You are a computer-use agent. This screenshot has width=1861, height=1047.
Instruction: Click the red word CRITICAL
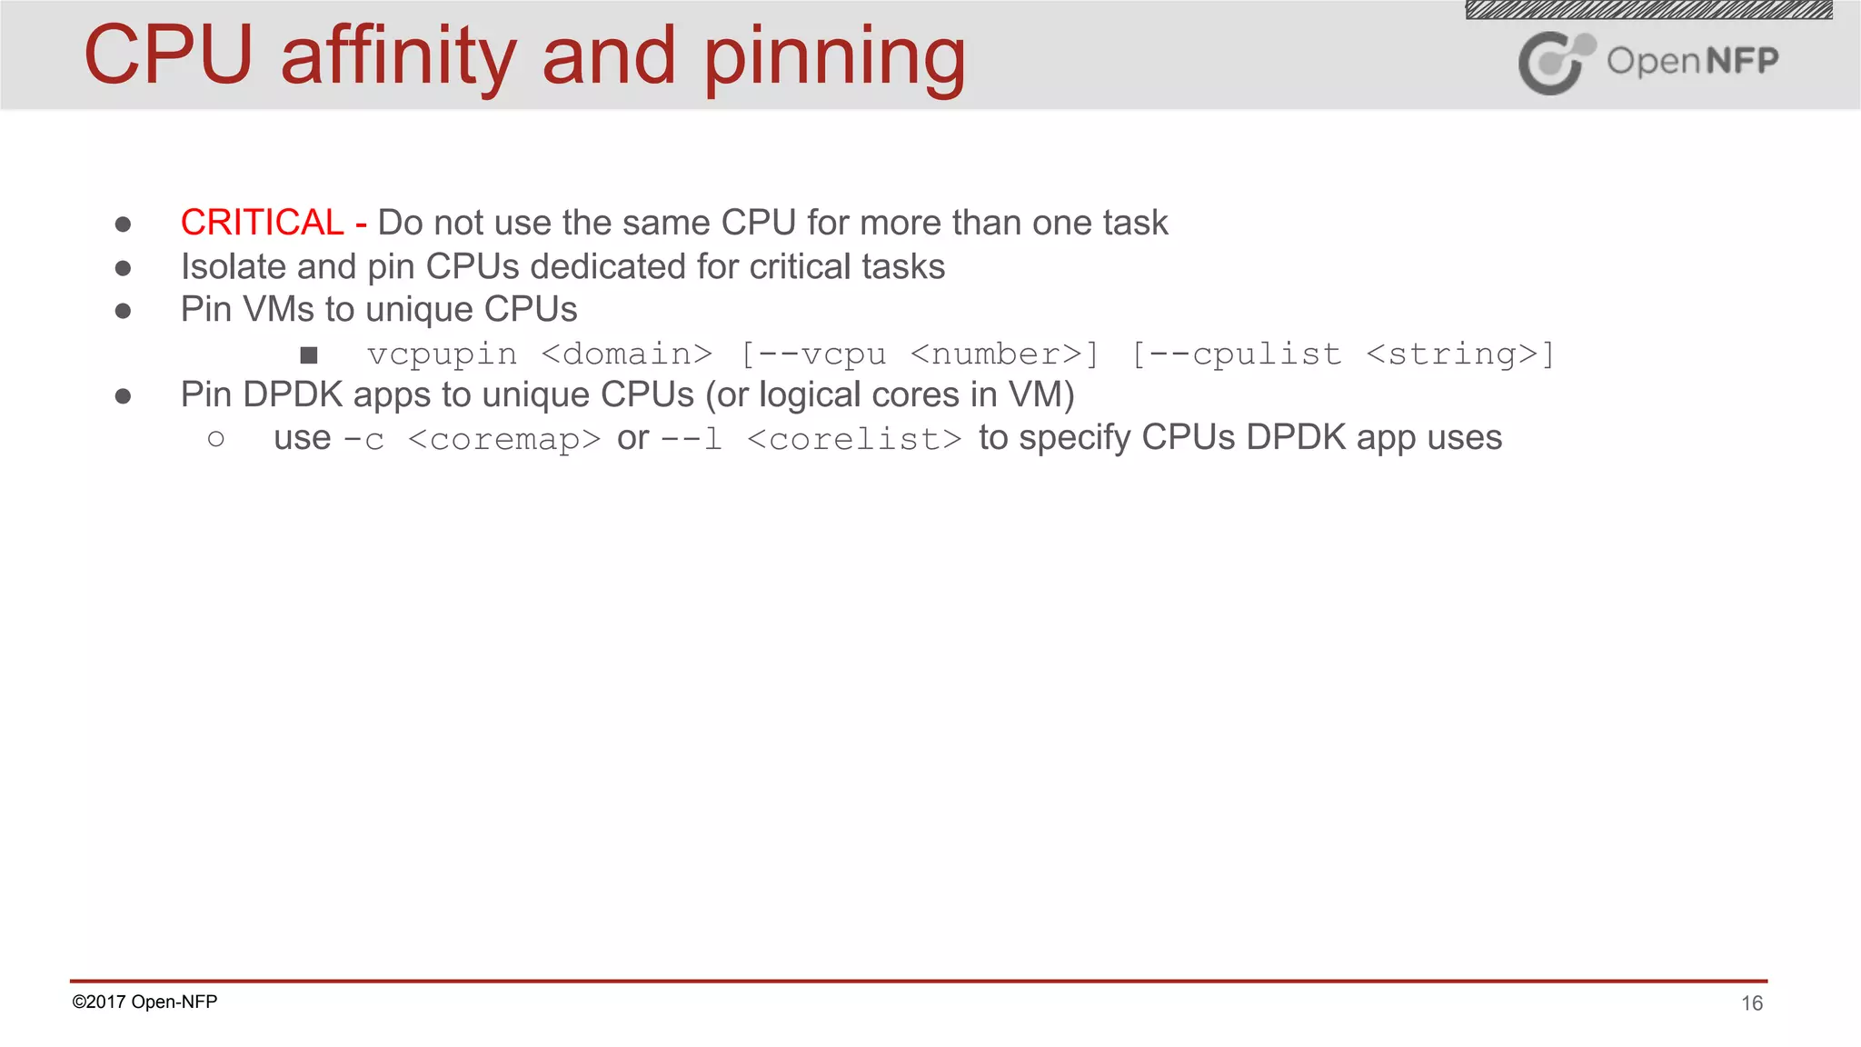coord(262,223)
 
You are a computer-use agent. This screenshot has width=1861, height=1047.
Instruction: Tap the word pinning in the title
coord(834,58)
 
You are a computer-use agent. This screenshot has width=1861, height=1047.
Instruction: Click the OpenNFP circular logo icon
coord(1555,63)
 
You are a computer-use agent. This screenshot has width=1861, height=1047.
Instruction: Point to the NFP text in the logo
coord(1741,61)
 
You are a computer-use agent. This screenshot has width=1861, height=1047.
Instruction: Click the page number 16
coord(1751,1003)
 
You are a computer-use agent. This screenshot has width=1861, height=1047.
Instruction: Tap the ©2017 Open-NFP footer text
coord(144,1002)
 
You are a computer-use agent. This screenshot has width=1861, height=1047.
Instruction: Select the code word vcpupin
coord(442,354)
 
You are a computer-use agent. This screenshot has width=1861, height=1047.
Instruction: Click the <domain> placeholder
coord(627,354)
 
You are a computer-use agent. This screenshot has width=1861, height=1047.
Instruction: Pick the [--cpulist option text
coord(1236,354)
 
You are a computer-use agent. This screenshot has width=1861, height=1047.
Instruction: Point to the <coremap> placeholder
coord(504,440)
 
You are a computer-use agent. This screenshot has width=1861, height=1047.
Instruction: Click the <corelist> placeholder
coord(854,440)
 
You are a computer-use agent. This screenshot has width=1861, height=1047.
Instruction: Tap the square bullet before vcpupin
coord(309,355)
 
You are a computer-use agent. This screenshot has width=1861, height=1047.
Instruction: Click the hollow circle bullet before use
coord(215,440)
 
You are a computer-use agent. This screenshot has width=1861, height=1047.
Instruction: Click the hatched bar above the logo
coord(1648,10)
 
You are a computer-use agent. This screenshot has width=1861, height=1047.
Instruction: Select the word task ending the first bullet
coord(1135,223)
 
